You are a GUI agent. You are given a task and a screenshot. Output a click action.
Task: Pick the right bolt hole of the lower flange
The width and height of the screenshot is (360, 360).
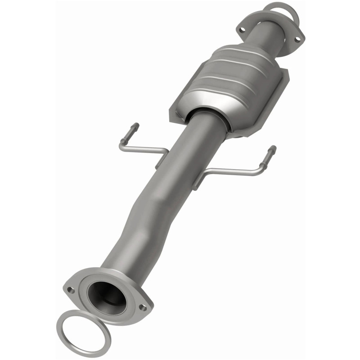(x=142, y=307)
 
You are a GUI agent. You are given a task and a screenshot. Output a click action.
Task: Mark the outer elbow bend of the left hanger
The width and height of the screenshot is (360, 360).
(x=122, y=146)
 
